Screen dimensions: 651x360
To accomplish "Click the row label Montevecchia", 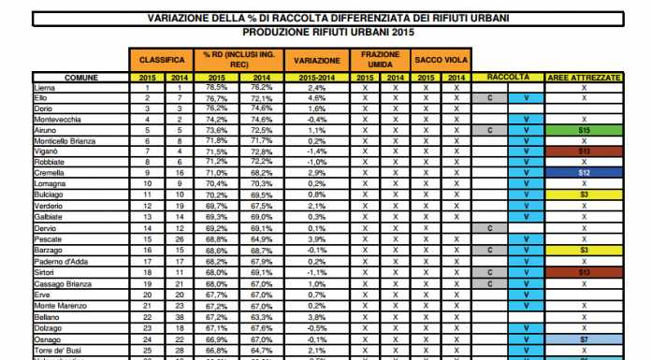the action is [x=54, y=121].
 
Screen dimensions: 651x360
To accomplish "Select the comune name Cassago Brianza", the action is [x=60, y=284].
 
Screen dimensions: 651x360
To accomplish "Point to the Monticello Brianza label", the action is [x=63, y=141].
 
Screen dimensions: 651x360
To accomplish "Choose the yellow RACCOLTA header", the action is [x=506, y=77].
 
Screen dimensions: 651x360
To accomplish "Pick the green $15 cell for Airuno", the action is [x=583, y=131].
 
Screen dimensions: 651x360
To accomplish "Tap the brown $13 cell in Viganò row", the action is [x=583, y=151].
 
